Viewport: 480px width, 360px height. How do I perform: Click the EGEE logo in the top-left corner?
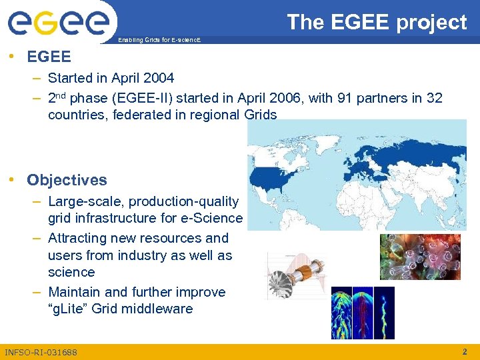pyautogui.click(x=59, y=23)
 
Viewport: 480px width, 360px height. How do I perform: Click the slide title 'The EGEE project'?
pyautogui.click(x=377, y=22)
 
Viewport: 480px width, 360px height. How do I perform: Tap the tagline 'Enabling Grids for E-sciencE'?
pyautogui.click(x=158, y=41)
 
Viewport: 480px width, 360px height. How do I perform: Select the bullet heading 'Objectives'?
pyautogui.click(x=67, y=180)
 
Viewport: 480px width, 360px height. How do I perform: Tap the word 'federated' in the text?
pyautogui.click(x=145, y=115)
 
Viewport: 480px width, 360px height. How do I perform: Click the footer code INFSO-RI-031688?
pyautogui.click(x=41, y=352)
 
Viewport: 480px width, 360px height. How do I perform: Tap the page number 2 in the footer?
pyautogui.click(x=465, y=351)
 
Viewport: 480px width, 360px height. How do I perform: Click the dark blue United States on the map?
pyautogui.click(x=273, y=177)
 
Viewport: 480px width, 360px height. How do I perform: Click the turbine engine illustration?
pyautogui.click(x=293, y=277)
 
